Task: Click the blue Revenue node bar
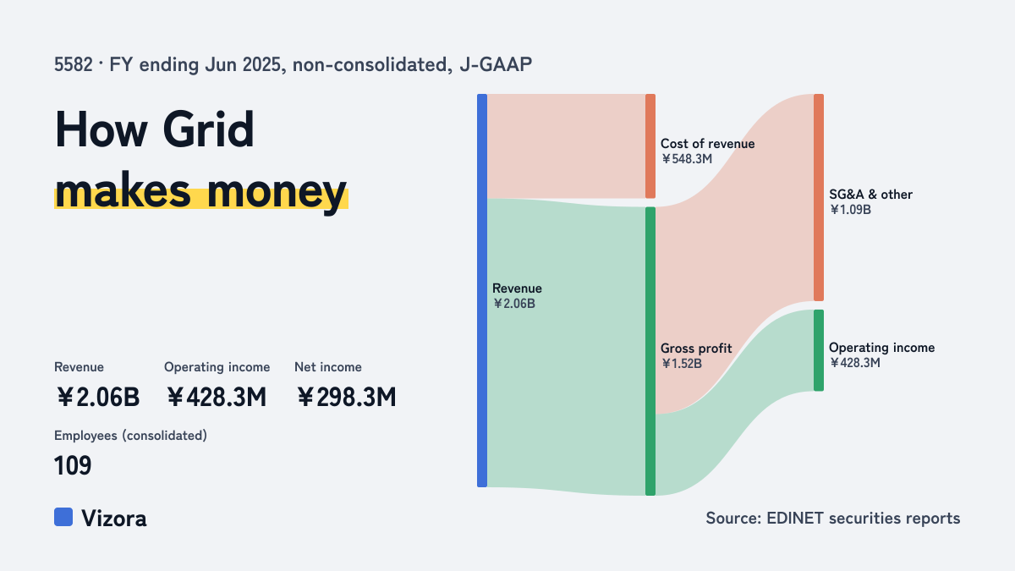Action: (482, 290)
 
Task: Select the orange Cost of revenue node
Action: (650, 145)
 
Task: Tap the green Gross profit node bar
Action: (650, 351)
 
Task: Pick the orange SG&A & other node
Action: (819, 197)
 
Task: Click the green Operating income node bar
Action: (819, 350)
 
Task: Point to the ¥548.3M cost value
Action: (687, 159)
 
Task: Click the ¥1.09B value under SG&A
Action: (850, 210)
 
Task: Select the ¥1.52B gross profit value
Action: (682, 364)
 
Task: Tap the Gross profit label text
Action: (696, 349)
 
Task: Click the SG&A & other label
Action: (870, 195)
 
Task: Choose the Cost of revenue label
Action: (707, 144)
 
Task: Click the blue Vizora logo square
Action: (63, 517)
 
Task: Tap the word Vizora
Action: (114, 519)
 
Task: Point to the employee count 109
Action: (73, 465)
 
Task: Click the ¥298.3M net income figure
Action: (347, 398)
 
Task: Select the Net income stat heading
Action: (328, 367)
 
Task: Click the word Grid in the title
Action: (208, 129)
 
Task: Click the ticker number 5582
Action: (74, 65)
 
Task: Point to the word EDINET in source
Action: (795, 519)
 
